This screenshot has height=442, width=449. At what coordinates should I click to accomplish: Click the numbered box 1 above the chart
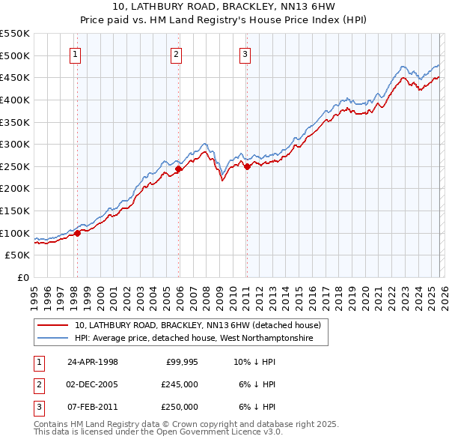pyautogui.click(x=76, y=54)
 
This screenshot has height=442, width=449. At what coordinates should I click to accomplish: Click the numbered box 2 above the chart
pyautogui.click(x=176, y=54)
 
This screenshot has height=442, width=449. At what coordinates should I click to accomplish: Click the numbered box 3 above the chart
pyautogui.click(x=245, y=54)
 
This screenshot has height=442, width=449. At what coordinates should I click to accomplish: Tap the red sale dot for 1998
pyautogui.click(x=77, y=233)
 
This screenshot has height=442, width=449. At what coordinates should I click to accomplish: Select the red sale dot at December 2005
pyautogui.click(x=178, y=169)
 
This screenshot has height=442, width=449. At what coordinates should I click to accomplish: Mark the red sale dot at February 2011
pyautogui.click(x=247, y=166)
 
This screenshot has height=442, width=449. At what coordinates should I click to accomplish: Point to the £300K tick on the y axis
pyautogui.click(x=15, y=144)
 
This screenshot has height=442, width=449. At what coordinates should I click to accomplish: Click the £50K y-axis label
pyautogui.click(x=18, y=255)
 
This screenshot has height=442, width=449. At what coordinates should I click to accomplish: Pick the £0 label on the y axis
pyautogui.click(x=22, y=277)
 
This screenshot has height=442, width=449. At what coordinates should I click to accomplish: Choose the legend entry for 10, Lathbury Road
pyautogui.click(x=198, y=325)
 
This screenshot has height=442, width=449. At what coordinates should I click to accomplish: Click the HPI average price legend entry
pyautogui.click(x=201, y=339)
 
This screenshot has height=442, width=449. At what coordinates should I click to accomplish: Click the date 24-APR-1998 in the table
pyautogui.click(x=93, y=362)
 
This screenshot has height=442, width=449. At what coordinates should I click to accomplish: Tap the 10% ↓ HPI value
pyautogui.click(x=254, y=362)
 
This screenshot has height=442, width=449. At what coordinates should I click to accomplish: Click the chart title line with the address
pyautogui.click(x=224, y=7)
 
